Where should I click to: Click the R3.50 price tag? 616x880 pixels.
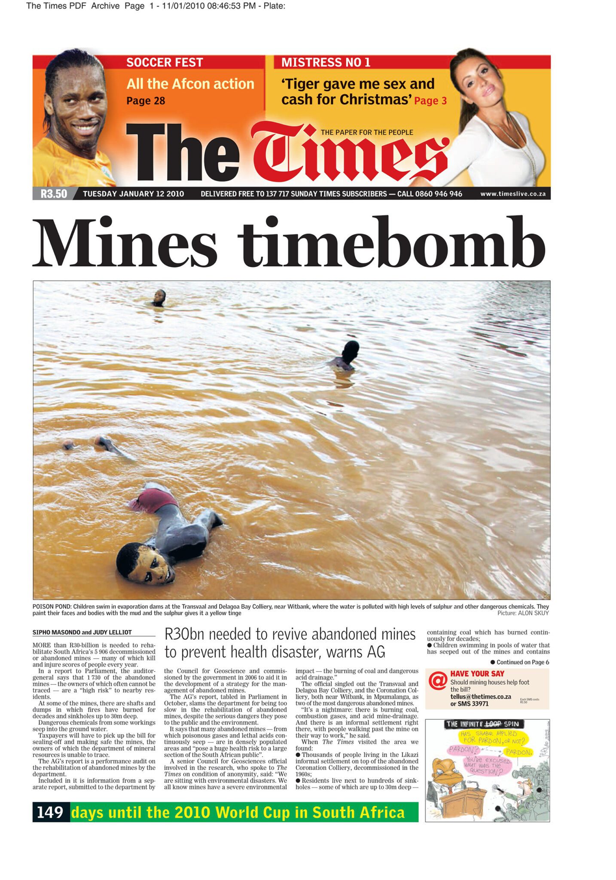pos(54,194)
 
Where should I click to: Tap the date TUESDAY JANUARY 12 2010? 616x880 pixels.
pos(133,194)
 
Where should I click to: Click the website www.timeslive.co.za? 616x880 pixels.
pos(512,194)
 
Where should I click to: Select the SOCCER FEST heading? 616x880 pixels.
pos(165,63)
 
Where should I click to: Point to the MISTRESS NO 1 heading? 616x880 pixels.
pos(326,63)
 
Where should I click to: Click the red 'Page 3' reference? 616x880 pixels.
pos(430,101)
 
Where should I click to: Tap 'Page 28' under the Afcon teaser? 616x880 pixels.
pos(146,101)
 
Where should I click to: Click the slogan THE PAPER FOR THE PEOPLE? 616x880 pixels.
pos(367,132)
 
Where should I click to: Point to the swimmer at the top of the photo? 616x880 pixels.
pos(159,298)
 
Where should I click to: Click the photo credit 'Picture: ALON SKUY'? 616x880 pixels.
pos(523,613)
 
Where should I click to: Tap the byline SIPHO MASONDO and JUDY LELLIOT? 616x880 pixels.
pos(82,632)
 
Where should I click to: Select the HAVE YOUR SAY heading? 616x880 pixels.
pos(477,674)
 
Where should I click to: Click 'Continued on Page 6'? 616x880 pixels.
pos(522,662)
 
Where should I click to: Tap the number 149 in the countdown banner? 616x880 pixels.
pos(50,813)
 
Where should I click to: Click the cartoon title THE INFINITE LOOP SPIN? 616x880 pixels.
pos(482,724)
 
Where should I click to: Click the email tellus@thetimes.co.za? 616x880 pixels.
pos(480,697)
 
